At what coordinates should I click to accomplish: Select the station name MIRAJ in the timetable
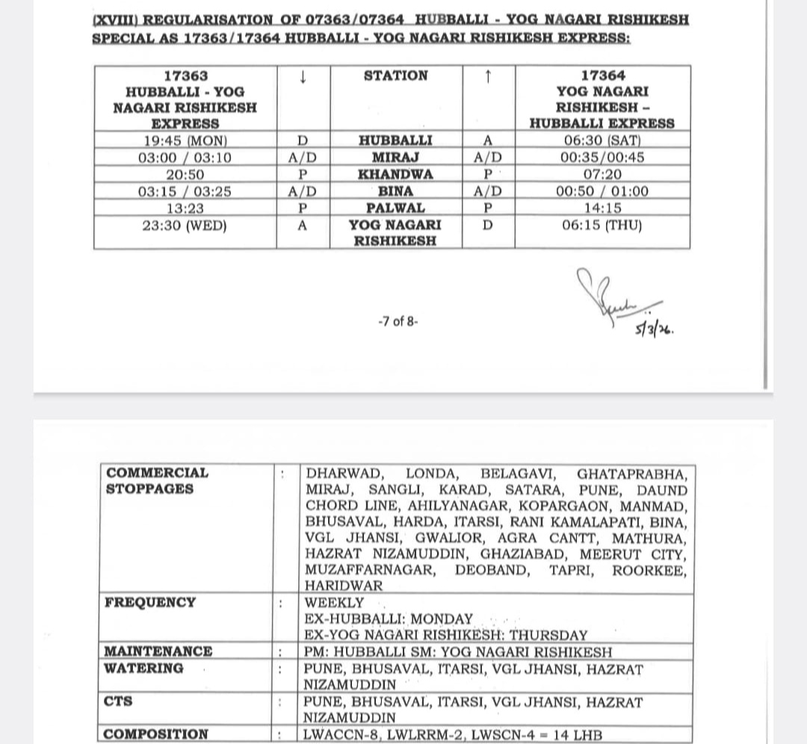point(395,158)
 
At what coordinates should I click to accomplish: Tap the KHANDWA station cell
point(395,174)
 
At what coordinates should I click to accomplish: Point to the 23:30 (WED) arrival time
point(185,225)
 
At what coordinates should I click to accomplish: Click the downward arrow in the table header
point(303,75)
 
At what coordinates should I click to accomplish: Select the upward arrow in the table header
point(487,75)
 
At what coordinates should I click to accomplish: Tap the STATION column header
point(395,75)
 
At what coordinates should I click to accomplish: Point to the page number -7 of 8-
point(398,321)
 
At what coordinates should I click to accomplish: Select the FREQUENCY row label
point(150,602)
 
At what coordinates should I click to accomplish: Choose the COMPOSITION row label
point(156,734)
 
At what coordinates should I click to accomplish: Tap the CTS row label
point(119,701)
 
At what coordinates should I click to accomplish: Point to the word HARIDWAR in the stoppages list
point(344,586)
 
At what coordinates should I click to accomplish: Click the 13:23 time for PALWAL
point(185,208)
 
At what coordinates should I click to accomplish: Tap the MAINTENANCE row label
point(158,651)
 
